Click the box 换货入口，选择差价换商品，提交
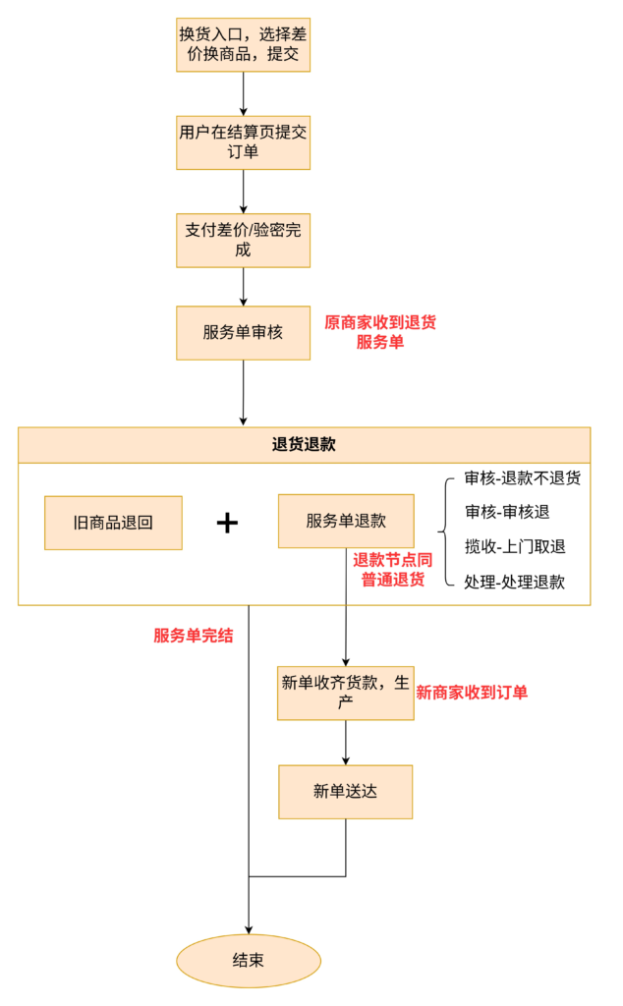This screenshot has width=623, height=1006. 243,44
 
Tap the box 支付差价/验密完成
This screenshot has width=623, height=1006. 243,240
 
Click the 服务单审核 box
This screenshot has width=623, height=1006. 243,332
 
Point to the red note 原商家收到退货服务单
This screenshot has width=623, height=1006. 380,332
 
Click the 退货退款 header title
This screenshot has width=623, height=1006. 304,444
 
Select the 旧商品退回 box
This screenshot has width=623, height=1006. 113,523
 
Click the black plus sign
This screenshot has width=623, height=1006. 227,523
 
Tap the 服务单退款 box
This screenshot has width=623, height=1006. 346,521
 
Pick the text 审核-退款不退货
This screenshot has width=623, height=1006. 522,478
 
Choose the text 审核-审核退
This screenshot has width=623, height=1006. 508,512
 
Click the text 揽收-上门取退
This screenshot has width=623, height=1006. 515,546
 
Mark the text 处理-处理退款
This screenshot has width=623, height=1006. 515,581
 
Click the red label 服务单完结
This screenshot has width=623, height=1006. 193,635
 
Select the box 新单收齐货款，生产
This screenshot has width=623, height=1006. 345,693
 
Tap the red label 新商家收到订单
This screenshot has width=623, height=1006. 472,693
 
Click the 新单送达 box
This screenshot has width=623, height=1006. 345,791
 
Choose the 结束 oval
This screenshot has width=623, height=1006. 248,960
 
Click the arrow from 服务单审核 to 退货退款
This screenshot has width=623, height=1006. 243,393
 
